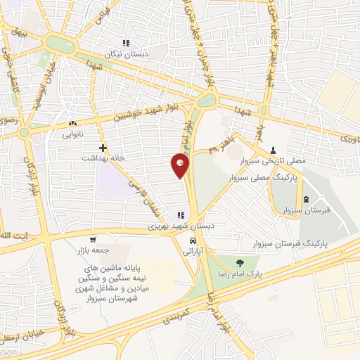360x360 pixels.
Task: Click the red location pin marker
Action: (x=181, y=166)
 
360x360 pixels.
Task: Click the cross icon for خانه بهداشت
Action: (x=103, y=148)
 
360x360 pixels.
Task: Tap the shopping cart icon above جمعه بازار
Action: (x=94, y=240)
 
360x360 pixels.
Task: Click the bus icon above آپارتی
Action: (x=191, y=240)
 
